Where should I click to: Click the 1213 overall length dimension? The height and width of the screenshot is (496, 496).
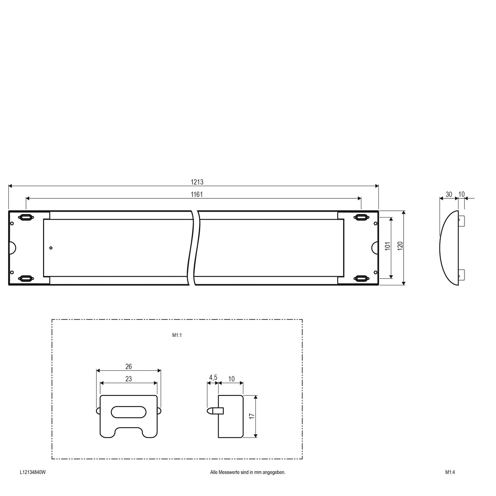click(x=197, y=182)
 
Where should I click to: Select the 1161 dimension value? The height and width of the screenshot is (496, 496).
click(x=197, y=194)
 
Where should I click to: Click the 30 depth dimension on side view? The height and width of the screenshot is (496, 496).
click(x=449, y=194)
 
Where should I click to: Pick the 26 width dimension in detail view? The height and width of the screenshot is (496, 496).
click(x=129, y=366)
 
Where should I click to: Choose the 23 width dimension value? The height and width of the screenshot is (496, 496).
click(x=129, y=379)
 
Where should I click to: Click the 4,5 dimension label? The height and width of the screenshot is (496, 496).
click(x=213, y=377)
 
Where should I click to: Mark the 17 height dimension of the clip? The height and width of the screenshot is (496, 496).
click(x=252, y=416)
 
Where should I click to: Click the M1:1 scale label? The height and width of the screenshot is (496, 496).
click(x=177, y=335)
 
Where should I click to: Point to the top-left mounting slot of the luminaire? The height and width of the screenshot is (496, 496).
click(x=25, y=217)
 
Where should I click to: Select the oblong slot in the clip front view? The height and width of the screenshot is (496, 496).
click(x=128, y=412)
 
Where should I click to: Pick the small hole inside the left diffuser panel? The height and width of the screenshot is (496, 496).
click(x=51, y=248)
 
